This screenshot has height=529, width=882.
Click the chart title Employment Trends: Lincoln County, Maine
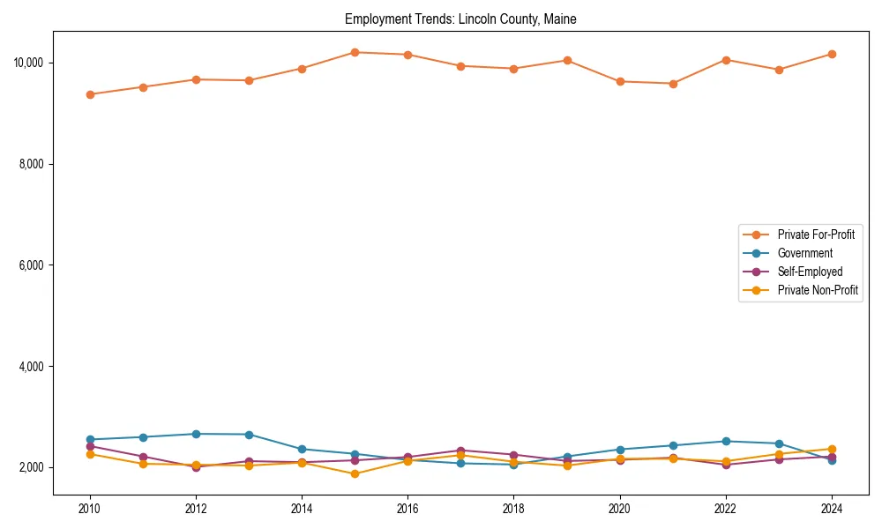(x=460, y=19)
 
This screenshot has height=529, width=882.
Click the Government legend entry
(x=804, y=253)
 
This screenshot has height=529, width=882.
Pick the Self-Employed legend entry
(x=810, y=272)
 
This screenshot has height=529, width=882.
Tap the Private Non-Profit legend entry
(x=818, y=290)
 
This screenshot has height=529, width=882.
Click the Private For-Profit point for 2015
(x=355, y=52)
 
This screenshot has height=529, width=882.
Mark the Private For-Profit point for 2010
(x=90, y=94)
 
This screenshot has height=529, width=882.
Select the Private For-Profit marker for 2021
(x=673, y=84)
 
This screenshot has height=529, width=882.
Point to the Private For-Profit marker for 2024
(x=832, y=54)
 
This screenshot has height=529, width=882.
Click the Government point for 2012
(x=196, y=434)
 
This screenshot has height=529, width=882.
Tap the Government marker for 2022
(x=726, y=441)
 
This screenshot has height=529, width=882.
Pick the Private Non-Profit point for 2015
(x=355, y=474)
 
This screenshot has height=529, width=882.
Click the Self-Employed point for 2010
(x=90, y=446)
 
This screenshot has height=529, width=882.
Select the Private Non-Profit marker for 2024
(x=832, y=449)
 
